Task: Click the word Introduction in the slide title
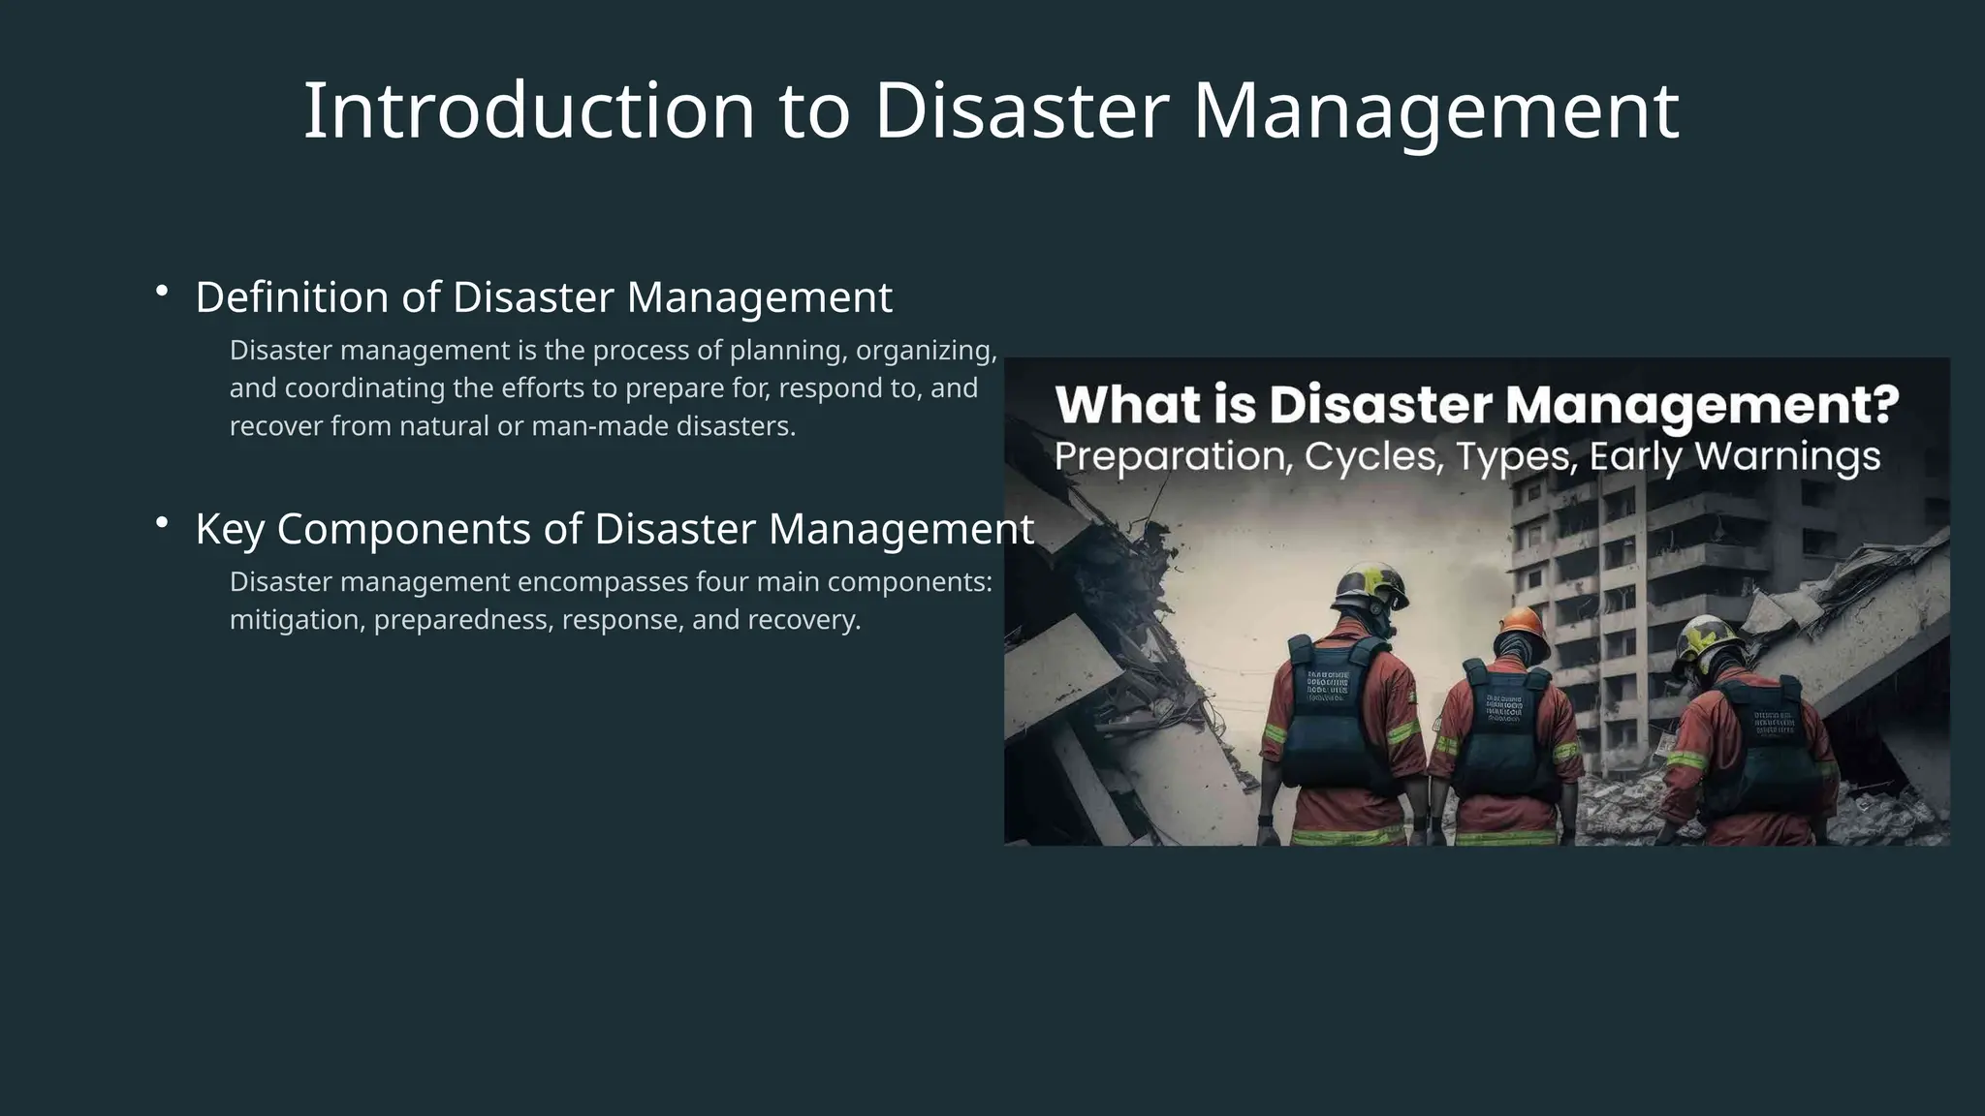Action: click(x=528, y=111)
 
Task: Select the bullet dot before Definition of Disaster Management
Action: click(x=162, y=291)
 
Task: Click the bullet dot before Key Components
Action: click(x=162, y=523)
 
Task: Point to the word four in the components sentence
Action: click(x=722, y=582)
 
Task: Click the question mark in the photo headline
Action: click(x=1884, y=405)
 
